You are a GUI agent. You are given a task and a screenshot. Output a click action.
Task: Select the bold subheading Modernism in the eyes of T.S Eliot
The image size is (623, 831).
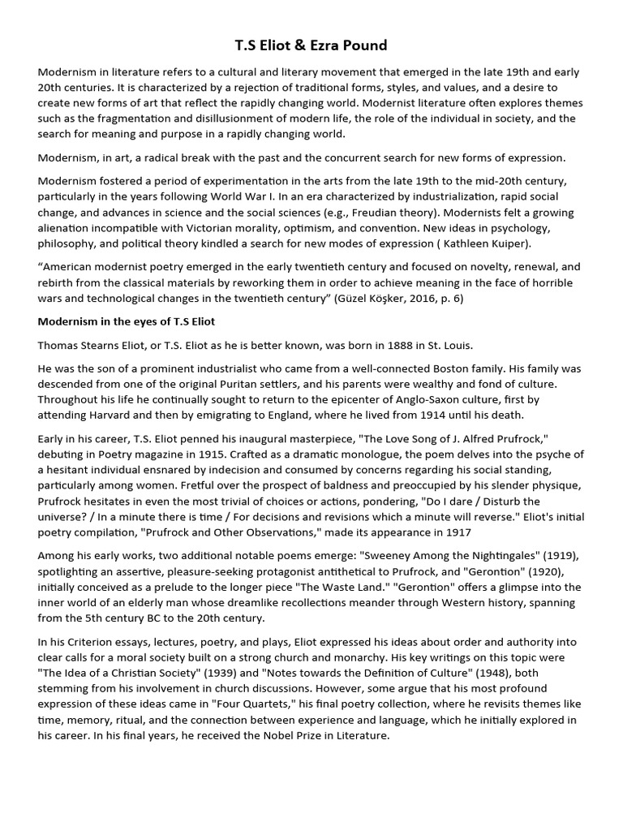click(126, 321)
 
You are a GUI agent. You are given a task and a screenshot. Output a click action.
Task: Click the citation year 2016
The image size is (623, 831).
click(449, 298)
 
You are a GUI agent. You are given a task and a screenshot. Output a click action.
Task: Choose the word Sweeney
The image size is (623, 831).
click(394, 555)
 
